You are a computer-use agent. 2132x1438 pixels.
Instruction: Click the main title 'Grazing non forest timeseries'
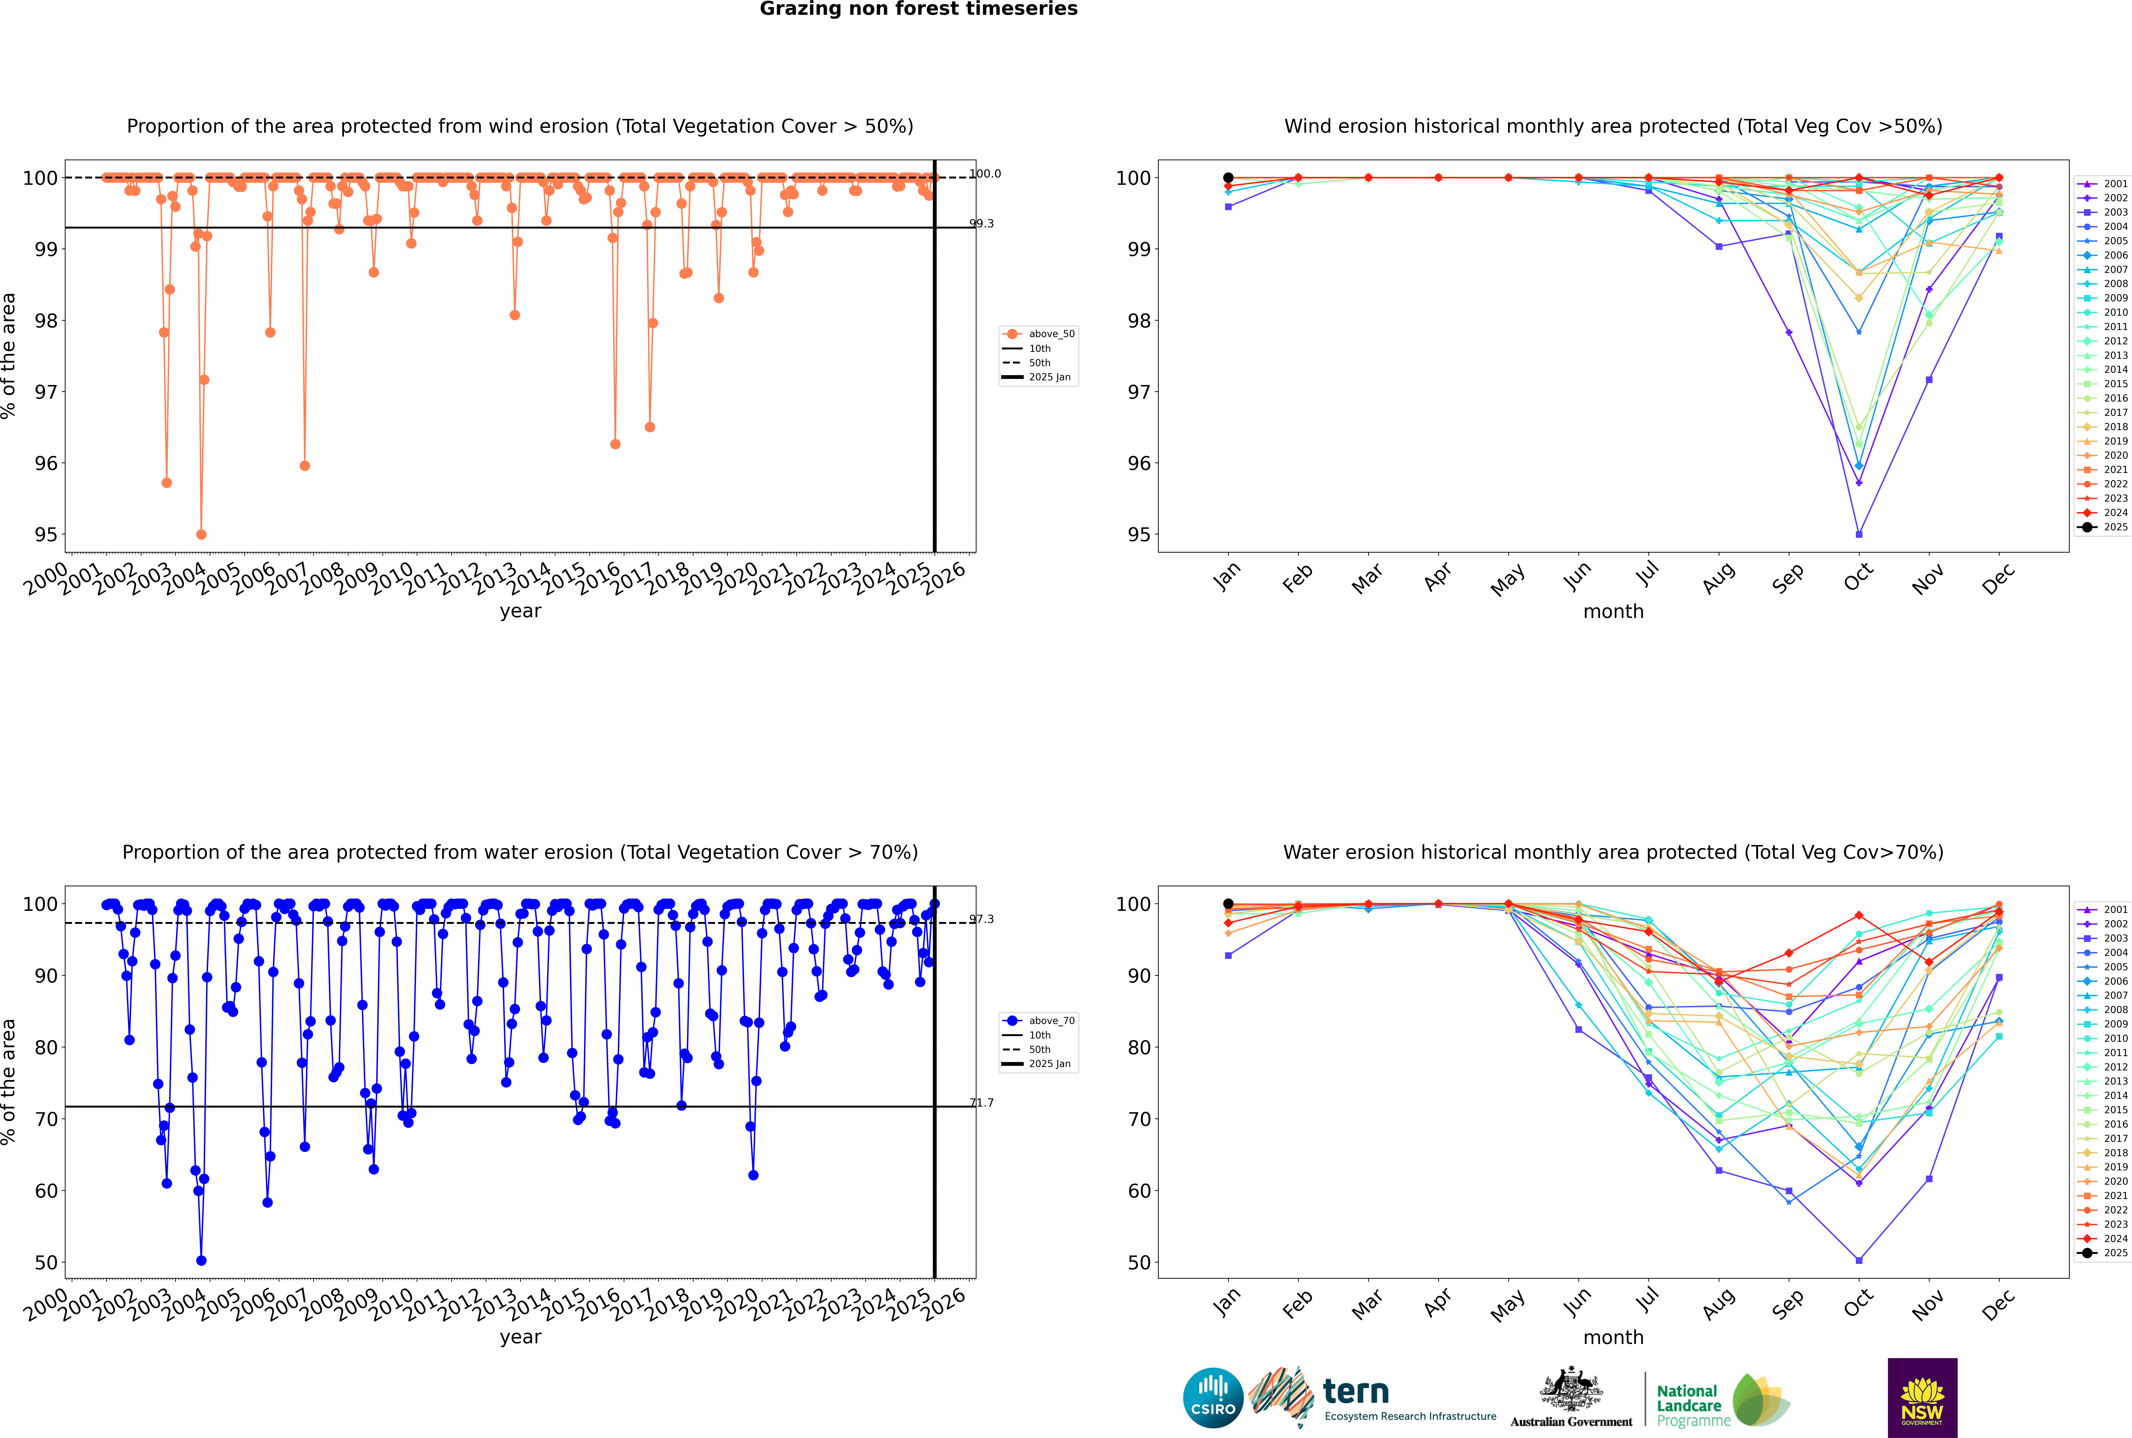tap(918, 9)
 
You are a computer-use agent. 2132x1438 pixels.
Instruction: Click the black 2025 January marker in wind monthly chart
tap(1228, 178)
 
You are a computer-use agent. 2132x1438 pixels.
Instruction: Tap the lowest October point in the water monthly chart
tap(1859, 1260)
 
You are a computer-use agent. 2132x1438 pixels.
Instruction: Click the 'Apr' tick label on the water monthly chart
tap(1438, 1303)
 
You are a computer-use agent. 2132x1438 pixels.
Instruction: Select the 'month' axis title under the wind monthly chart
tap(1613, 612)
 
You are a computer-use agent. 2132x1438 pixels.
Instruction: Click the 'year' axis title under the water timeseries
tap(521, 1337)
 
